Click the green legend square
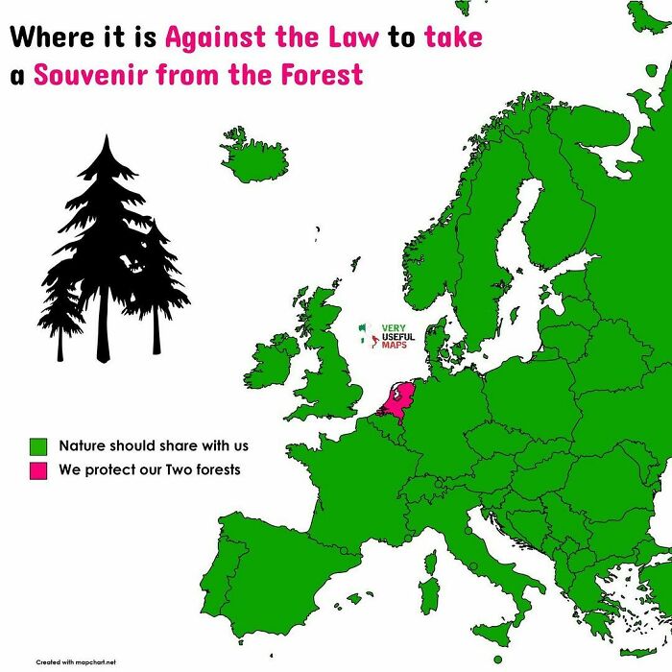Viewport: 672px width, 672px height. (38, 446)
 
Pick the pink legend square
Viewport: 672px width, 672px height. (38, 470)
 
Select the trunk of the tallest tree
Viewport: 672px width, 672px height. (104, 331)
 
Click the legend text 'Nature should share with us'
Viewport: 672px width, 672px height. (154, 446)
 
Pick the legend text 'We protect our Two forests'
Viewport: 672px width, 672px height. (149, 470)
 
